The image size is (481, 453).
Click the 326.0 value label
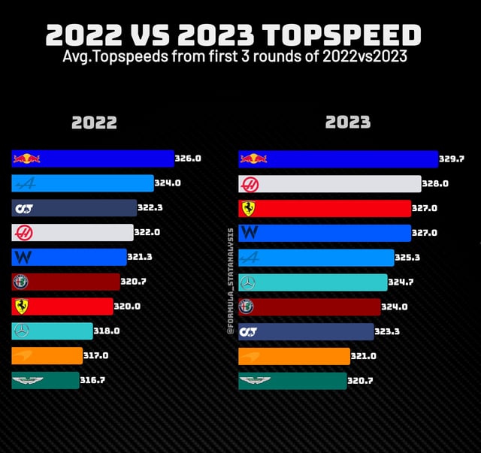pyautogui.click(x=188, y=159)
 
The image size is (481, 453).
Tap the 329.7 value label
pyautogui.click(x=452, y=159)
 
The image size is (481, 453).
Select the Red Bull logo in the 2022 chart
pyautogui.click(x=26, y=159)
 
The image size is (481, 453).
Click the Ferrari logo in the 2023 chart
pyautogui.click(x=247, y=208)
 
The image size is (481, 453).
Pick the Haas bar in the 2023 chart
pyautogui.click(x=330, y=183)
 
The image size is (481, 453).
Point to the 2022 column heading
pyautogui.click(x=94, y=122)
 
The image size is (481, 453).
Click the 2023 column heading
pyautogui.click(x=348, y=122)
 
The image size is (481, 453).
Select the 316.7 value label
pyautogui.click(x=92, y=380)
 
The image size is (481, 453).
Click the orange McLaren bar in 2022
pyautogui.click(x=47, y=355)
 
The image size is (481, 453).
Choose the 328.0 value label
pyautogui.click(x=435, y=183)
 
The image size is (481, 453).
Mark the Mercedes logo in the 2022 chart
pyautogui.click(x=21, y=331)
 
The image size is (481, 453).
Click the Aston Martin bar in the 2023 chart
pyautogui.click(x=292, y=380)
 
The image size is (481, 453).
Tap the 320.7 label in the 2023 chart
pyautogui.click(x=362, y=381)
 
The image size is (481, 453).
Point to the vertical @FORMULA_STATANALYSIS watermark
pyautogui.click(x=231, y=282)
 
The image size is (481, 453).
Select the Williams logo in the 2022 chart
pyautogui.click(x=23, y=257)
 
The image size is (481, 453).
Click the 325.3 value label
pyautogui.click(x=407, y=257)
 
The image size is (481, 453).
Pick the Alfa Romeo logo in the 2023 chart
pyautogui.click(x=247, y=307)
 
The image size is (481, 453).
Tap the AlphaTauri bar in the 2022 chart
pyautogui.click(x=74, y=208)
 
